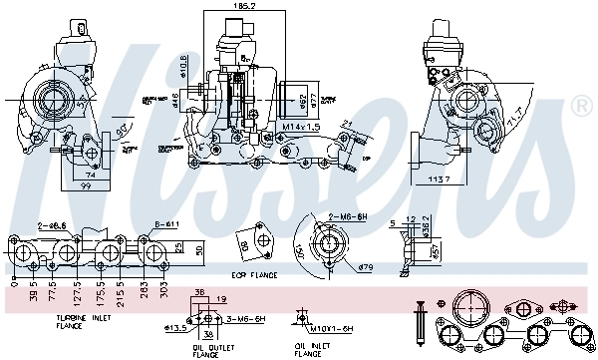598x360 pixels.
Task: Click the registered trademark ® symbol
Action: coord(580,104)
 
